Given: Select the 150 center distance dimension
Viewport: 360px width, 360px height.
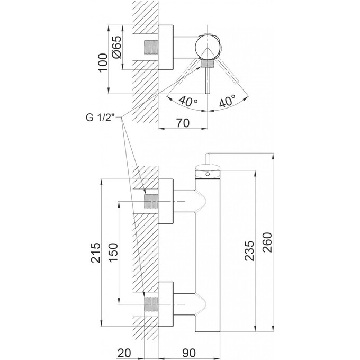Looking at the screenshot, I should click(x=113, y=253).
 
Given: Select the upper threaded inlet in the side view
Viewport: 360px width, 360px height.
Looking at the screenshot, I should click(x=151, y=203).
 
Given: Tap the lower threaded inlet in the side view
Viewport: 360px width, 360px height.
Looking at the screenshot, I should click(x=151, y=304).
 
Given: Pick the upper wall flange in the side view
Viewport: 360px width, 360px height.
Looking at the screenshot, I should click(x=166, y=203).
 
